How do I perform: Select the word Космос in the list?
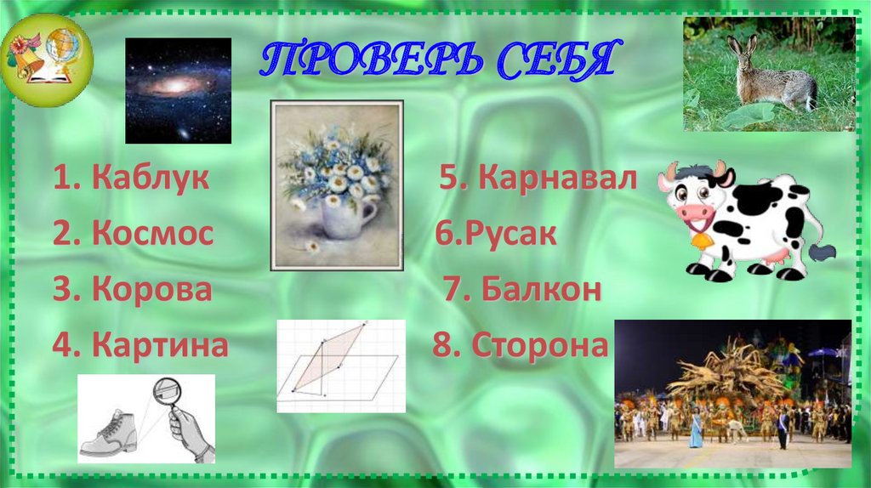[x=152, y=234]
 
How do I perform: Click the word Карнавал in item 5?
[x=557, y=179]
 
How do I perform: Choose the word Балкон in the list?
[x=542, y=289]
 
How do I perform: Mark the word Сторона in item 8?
[x=540, y=345]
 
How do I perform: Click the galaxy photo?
[x=178, y=90]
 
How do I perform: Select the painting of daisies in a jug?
[x=336, y=184]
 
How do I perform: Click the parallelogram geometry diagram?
[x=339, y=366]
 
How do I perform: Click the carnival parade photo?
[x=732, y=394]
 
